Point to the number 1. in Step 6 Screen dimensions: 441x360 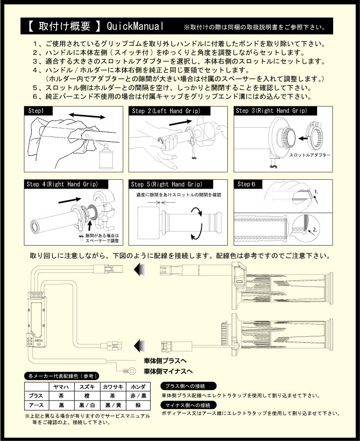317,192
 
